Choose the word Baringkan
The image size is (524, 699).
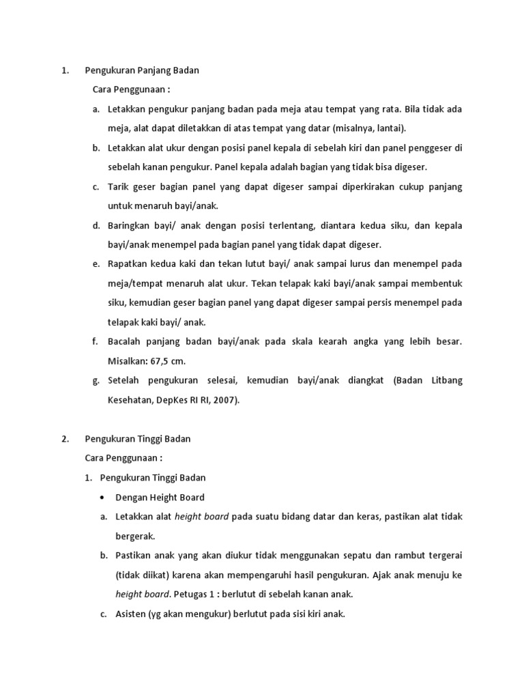pos(129,225)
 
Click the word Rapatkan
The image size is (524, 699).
pos(128,264)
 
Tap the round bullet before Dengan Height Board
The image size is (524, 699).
pos(103,498)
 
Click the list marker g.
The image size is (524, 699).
pos(95,381)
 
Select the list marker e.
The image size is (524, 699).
pos(95,264)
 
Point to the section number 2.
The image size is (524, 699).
pos(64,439)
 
